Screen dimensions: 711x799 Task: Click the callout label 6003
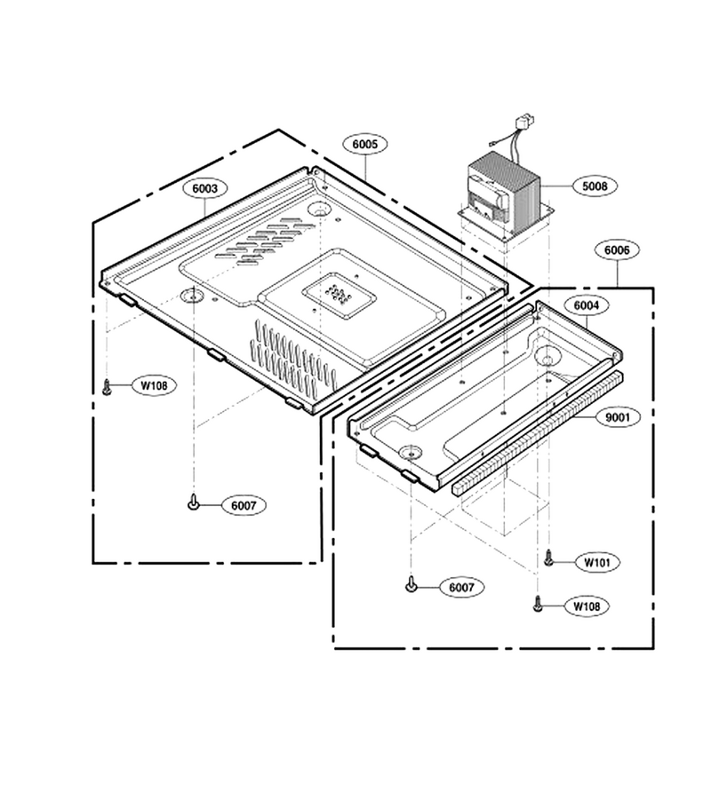[204, 188]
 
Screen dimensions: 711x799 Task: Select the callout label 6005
[365, 144]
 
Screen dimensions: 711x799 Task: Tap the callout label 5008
[595, 186]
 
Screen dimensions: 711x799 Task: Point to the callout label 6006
[617, 250]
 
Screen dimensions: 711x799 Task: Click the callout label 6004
[587, 305]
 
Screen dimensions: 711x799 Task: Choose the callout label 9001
[618, 417]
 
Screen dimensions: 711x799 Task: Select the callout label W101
[596, 563]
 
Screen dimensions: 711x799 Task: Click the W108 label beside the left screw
[154, 386]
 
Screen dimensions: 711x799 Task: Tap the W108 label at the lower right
[587, 606]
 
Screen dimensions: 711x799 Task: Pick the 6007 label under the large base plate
[244, 505]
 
